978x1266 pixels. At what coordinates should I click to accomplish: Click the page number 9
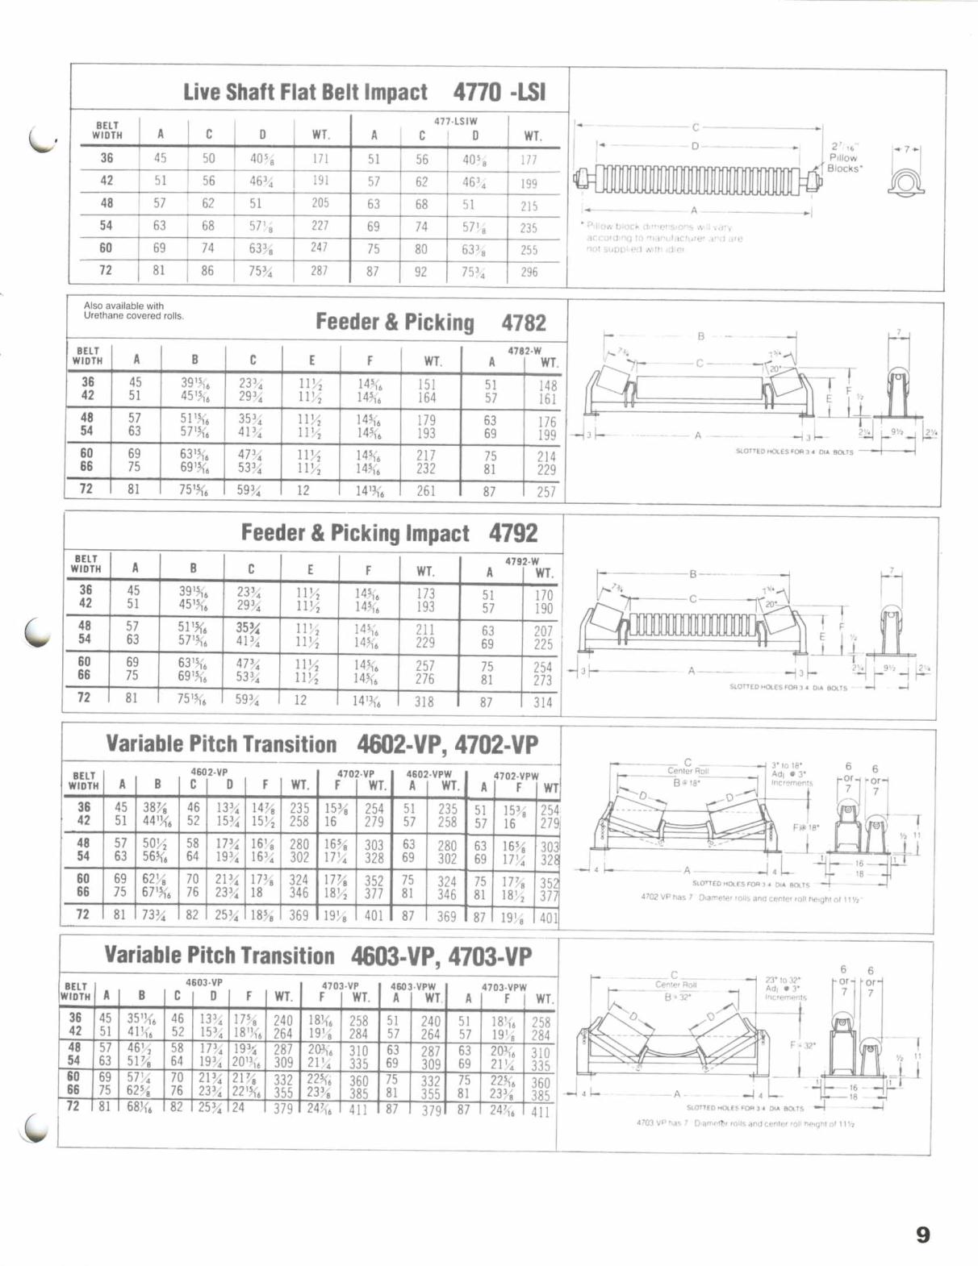923,1235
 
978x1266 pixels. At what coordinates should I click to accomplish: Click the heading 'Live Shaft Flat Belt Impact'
305,92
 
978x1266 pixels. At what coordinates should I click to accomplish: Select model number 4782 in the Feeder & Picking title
524,323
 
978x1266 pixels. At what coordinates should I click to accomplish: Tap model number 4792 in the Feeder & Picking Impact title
513,534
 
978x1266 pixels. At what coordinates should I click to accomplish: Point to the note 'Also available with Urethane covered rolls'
134,310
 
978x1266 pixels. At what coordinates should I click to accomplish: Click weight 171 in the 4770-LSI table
320,159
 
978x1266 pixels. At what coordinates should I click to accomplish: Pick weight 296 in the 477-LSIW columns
529,272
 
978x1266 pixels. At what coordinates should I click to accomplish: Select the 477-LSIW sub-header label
456,121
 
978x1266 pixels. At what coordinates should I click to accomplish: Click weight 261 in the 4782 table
425,490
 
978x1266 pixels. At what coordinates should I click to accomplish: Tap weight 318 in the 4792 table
424,702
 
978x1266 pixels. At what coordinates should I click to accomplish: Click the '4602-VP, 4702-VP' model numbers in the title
447,744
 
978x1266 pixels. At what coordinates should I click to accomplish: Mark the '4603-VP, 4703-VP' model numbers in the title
441,956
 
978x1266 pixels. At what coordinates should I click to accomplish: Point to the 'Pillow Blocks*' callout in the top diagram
844,158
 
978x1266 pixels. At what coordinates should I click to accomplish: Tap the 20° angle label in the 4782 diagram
775,369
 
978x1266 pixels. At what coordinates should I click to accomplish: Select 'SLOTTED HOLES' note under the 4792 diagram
788,687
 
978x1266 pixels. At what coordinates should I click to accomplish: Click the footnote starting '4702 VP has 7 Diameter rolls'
751,897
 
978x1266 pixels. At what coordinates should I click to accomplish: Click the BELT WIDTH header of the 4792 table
86,563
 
